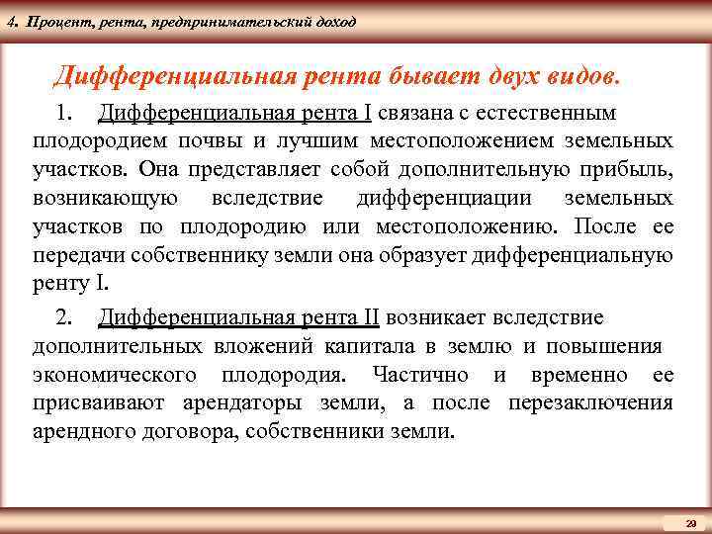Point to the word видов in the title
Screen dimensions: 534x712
click(x=579, y=74)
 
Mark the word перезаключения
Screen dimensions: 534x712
click(x=590, y=403)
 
